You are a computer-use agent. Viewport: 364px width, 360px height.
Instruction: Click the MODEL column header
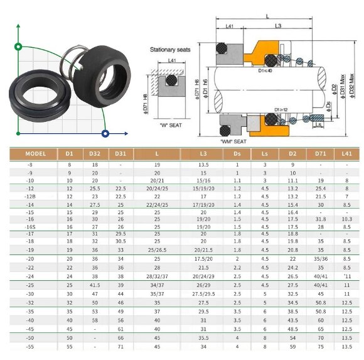pos(36,153)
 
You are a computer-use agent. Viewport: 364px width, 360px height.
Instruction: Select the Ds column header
pos(237,153)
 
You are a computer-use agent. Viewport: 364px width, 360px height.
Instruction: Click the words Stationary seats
pos(170,49)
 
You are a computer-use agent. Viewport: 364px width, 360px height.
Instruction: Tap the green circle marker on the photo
pos(19,46)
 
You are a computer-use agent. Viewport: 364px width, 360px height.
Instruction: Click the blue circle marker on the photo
pos(105,133)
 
